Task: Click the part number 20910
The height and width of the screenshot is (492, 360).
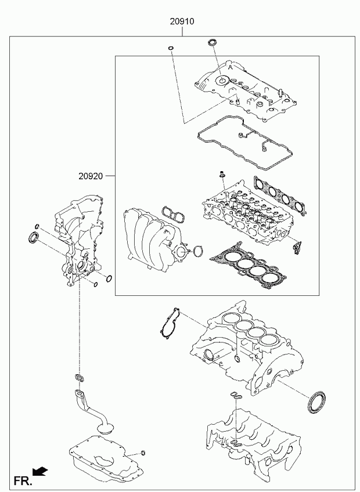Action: [x=182, y=21]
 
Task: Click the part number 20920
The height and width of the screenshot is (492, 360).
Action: [x=91, y=176]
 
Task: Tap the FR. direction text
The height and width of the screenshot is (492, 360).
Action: [x=23, y=480]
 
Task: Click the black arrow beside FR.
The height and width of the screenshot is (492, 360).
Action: [x=40, y=471]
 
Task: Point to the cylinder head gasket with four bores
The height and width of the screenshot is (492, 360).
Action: [x=248, y=266]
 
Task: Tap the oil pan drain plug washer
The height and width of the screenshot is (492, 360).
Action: [x=143, y=453]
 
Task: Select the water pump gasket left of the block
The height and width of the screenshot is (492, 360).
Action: [x=170, y=324]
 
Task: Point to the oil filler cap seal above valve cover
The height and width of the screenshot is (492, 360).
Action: [x=213, y=42]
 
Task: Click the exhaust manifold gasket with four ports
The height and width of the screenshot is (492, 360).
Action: [x=280, y=195]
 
